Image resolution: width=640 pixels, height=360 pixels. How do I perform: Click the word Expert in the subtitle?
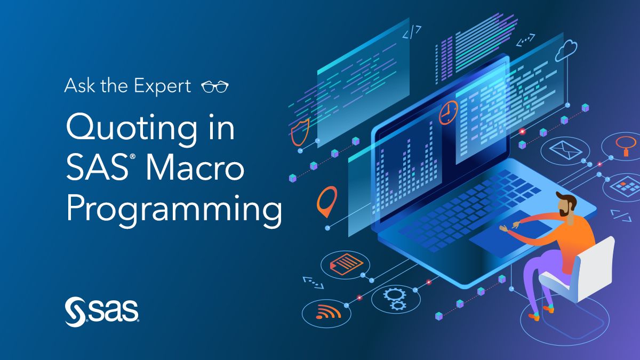162,86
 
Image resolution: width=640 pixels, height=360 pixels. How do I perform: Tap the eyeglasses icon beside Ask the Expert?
215,86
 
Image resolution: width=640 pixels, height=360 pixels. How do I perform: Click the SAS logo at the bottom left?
102,311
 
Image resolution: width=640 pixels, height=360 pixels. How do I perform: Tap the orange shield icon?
300,132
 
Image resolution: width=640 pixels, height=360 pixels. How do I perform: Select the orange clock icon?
448,113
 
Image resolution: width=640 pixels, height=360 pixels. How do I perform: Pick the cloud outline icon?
566,50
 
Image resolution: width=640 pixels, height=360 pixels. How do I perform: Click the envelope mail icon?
565,150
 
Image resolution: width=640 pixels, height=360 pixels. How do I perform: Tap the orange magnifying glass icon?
626,146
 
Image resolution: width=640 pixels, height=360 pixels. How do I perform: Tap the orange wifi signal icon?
329,312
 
